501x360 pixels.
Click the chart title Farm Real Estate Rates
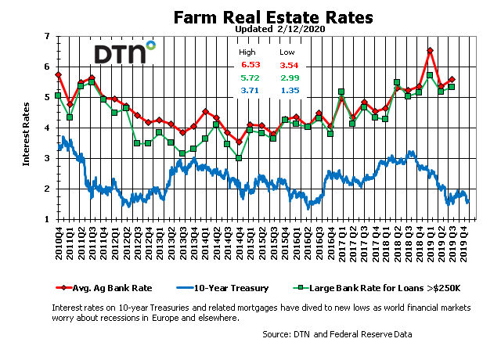[273, 17]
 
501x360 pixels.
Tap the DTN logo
[124, 52]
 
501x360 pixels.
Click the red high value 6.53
[250, 65]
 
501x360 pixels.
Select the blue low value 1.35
[290, 91]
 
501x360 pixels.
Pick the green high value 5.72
[250, 77]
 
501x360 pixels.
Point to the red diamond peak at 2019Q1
[430, 50]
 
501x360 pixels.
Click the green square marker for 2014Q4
[238, 158]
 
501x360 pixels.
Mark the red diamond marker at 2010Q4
[58, 75]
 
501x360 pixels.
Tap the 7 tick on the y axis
[47, 36]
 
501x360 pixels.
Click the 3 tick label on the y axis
[47, 158]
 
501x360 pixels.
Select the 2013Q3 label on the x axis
[183, 243]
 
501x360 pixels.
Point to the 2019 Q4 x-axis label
[464, 243]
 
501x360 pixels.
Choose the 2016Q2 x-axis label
[308, 243]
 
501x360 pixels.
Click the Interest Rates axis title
[26, 134]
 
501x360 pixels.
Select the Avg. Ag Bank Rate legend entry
[104, 288]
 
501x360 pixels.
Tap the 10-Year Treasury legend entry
[222, 288]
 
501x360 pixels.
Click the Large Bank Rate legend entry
[377, 288]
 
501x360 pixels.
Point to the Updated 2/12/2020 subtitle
[280, 29]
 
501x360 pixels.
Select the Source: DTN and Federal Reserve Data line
[337, 334]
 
